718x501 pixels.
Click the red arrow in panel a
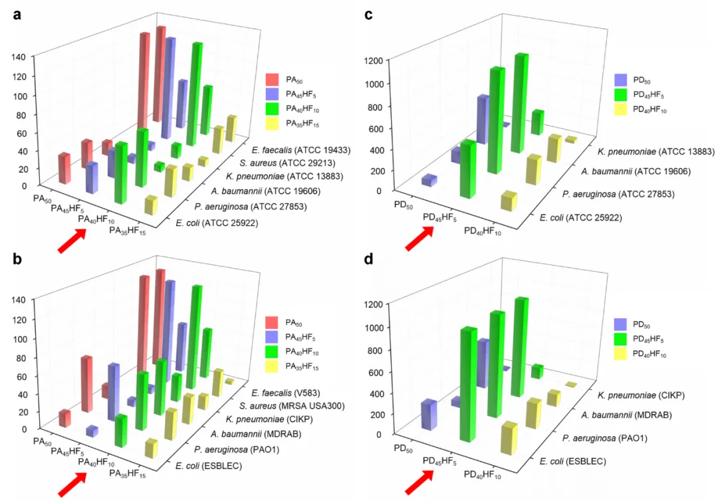(72, 241)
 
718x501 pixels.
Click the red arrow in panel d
(419, 484)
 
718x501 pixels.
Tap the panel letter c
(368, 15)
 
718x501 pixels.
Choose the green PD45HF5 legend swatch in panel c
(622, 95)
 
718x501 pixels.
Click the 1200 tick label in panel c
(376, 62)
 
